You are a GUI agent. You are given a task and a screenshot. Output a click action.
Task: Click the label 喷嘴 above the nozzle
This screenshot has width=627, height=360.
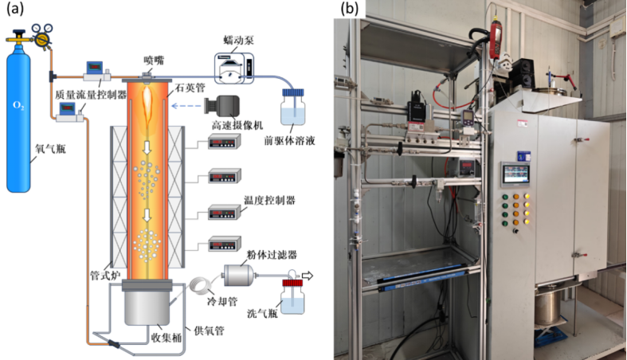tap(153, 58)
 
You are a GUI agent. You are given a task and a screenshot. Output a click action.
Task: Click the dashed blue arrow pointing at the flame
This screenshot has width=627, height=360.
tap(186, 106)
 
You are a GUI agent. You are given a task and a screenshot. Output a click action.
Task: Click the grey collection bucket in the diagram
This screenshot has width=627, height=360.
tap(149, 307)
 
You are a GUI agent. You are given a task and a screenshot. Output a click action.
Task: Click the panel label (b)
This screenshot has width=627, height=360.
tap(350, 9)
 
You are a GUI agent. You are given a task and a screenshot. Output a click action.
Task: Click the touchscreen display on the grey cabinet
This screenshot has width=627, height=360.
tap(515, 174)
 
